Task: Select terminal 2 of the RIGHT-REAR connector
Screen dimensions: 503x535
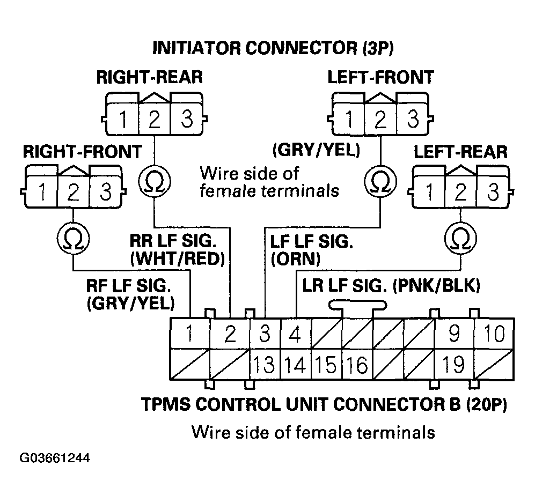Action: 154,119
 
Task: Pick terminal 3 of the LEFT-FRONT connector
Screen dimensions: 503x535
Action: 412,119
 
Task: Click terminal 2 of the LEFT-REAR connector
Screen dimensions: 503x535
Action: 461,191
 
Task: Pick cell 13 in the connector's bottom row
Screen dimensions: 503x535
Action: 263,365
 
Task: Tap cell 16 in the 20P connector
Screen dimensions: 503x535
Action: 357,365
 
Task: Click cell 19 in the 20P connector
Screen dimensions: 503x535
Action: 453,365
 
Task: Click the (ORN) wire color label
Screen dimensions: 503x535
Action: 295,259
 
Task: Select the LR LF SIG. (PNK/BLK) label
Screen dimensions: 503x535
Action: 391,285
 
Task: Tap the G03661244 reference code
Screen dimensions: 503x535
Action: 55,459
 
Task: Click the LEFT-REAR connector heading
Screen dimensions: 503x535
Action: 460,152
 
